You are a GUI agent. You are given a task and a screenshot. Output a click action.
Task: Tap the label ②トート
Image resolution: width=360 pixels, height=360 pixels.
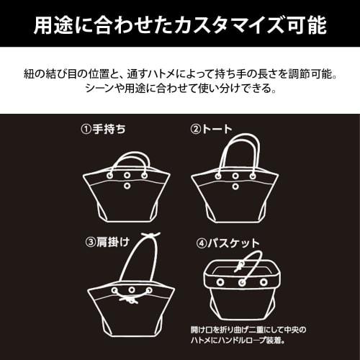tap(212, 130)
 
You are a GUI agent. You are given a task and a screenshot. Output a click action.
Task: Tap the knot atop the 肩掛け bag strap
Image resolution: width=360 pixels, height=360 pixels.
tap(150, 238)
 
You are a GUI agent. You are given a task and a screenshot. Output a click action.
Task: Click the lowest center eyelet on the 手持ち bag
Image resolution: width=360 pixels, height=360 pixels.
tap(127, 186)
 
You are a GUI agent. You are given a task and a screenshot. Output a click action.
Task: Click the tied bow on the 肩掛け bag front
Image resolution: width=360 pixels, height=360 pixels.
tap(131, 297)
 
